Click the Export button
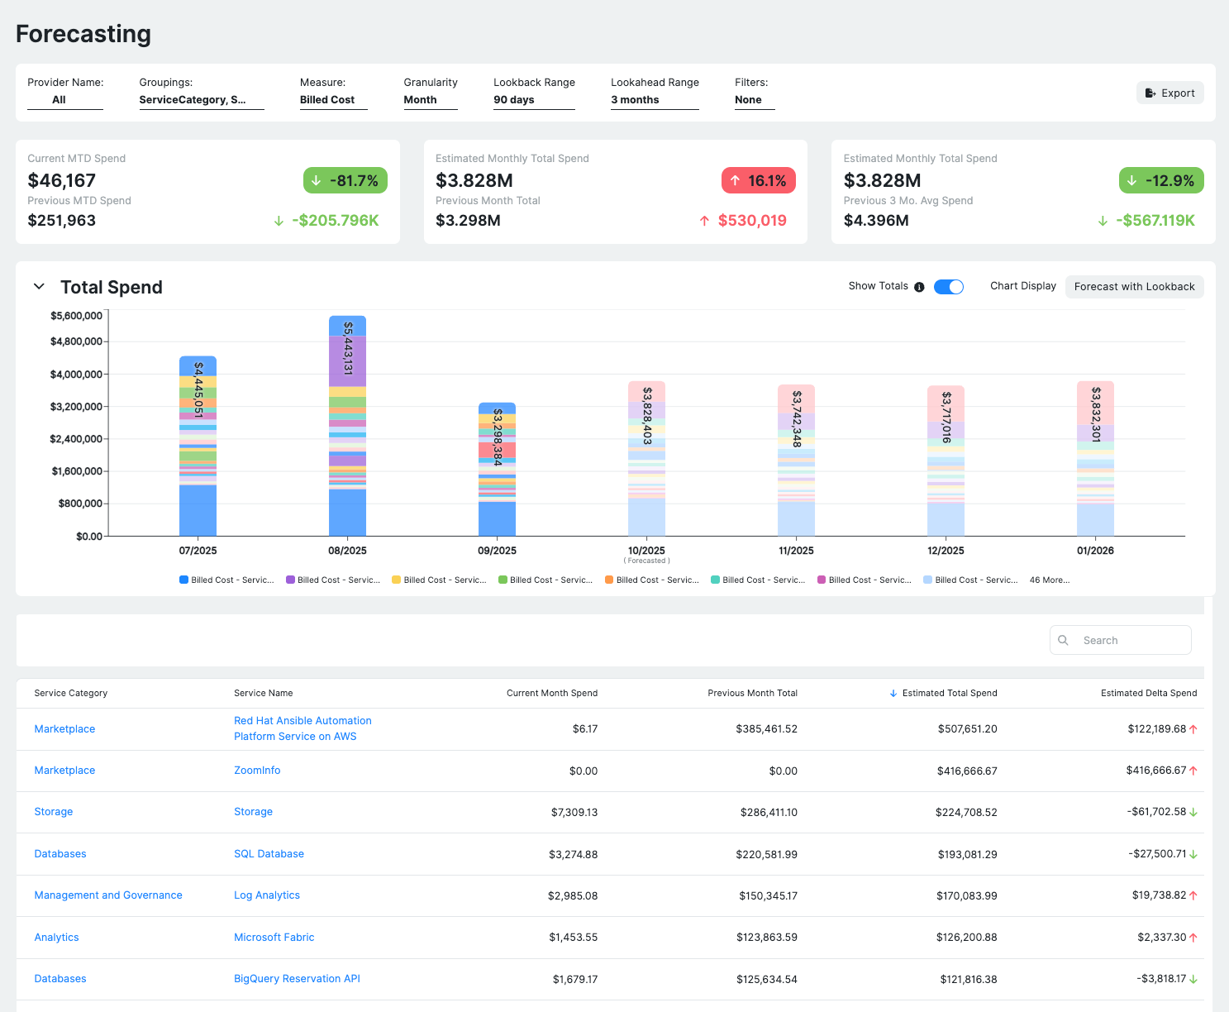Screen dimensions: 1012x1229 click(x=1170, y=93)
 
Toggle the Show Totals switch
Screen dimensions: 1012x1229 click(x=948, y=287)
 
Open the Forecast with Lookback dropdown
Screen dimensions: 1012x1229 click(x=1134, y=287)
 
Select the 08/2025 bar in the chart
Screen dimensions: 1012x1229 click(x=347, y=426)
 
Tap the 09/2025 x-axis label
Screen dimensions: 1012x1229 click(x=497, y=551)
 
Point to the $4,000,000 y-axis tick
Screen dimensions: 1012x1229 click(x=76, y=375)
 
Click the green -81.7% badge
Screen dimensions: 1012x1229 click(x=345, y=180)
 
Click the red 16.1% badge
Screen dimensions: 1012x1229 click(x=758, y=180)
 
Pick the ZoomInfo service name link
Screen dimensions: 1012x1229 click(x=257, y=771)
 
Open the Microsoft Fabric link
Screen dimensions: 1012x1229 click(x=274, y=938)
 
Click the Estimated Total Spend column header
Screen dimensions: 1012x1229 click(x=949, y=693)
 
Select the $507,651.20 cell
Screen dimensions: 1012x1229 click(x=967, y=729)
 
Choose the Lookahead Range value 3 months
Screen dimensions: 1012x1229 click(x=635, y=100)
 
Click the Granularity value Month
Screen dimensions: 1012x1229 click(x=420, y=100)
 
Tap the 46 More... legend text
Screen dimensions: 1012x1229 click(x=1049, y=580)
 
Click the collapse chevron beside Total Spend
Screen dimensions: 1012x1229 click(x=39, y=287)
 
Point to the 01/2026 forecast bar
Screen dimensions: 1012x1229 click(x=1095, y=459)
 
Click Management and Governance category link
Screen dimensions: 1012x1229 click(x=108, y=895)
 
